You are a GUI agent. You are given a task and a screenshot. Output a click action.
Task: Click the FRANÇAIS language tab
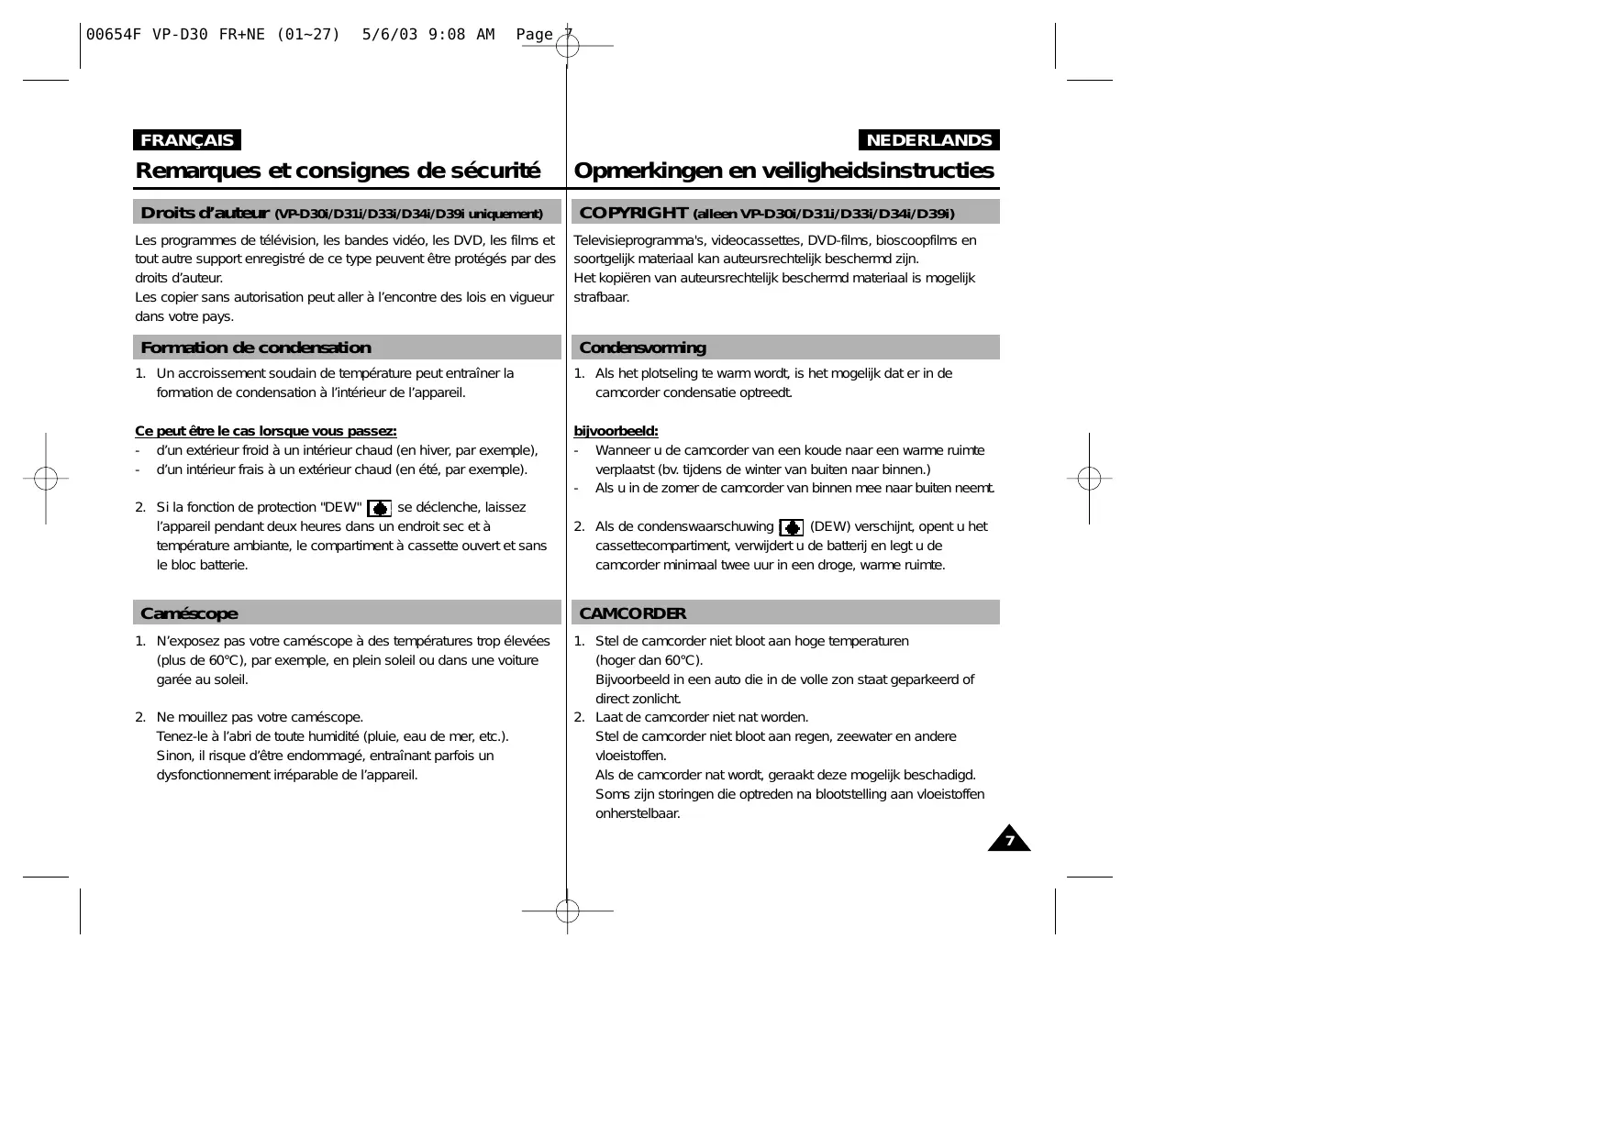pyautogui.click(x=187, y=140)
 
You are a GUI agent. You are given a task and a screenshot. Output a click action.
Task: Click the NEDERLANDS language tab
pyautogui.click(x=928, y=140)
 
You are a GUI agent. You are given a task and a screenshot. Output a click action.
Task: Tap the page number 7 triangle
pyautogui.click(x=1009, y=840)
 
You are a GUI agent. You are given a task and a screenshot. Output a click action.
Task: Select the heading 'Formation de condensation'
pyautogui.click(x=256, y=348)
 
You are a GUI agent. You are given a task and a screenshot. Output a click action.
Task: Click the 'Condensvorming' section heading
pyautogui.click(x=642, y=348)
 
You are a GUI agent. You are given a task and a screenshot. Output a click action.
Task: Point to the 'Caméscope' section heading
pyautogui.click(x=189, y=613)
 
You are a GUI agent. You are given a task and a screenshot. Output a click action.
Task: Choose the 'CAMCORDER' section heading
pyautogui.click(x=632, y=613)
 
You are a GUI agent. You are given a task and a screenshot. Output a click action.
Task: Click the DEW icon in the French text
pyautogui.click(x=379, y=509)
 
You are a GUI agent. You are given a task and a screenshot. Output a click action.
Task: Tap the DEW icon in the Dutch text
pyautogui.click(x=791, y=527)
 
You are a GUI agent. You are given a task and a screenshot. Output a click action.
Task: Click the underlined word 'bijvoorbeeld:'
pyautogui.click(x=616, y=431)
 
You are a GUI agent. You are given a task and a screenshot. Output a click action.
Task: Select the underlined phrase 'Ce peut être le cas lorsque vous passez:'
pyautogui.click(x=266, y=431)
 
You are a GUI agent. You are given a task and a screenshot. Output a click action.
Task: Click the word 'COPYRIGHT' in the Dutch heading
pyautogui.click(x=633, y=213)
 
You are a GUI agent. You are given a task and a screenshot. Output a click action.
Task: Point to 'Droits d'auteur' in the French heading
pyautogui.click(x=204, y=213)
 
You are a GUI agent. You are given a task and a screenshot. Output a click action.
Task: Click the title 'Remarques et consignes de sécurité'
pyautogui.click(x=338, y=171)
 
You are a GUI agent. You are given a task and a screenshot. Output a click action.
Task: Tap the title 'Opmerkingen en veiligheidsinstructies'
pyautogui.click(x=783, y=171)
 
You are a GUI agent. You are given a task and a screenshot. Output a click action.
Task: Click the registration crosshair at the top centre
pyautogui.click(x=568, y=45)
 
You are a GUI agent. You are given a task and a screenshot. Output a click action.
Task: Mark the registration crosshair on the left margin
pyautogui.click(x=46, y=478)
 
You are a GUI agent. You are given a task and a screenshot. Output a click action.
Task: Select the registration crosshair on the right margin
pyautogui.click(x=1089, y=478)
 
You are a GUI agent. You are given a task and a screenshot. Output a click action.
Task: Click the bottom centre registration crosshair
pyautogui.click(x=568, y=911)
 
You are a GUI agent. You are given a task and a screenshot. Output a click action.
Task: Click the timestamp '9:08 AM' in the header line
pyautogui.click(x=461, y=35)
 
